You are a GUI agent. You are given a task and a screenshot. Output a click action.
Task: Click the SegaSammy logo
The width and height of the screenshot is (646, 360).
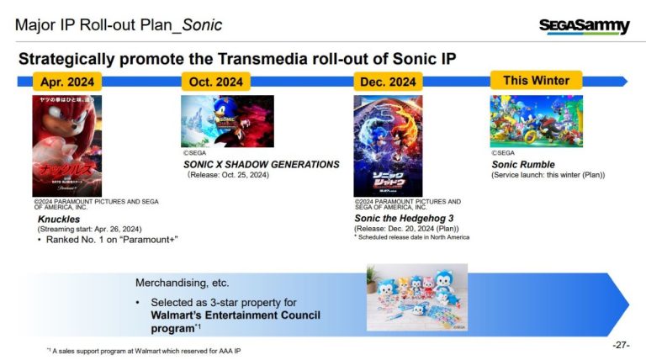(584, 26)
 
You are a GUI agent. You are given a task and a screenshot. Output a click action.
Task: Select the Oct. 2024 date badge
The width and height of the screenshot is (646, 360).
(216, 82)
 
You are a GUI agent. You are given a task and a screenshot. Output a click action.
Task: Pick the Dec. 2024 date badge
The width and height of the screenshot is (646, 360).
(388, 82)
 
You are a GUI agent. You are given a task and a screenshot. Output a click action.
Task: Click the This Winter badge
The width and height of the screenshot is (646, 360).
(536, 81)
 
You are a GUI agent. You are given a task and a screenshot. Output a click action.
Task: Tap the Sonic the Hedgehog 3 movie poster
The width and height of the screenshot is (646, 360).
(388, 146)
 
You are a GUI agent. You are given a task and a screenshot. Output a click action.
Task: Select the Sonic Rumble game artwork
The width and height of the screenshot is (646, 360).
(536, 121)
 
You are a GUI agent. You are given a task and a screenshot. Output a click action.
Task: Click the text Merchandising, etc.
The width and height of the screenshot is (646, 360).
(182, 283)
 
